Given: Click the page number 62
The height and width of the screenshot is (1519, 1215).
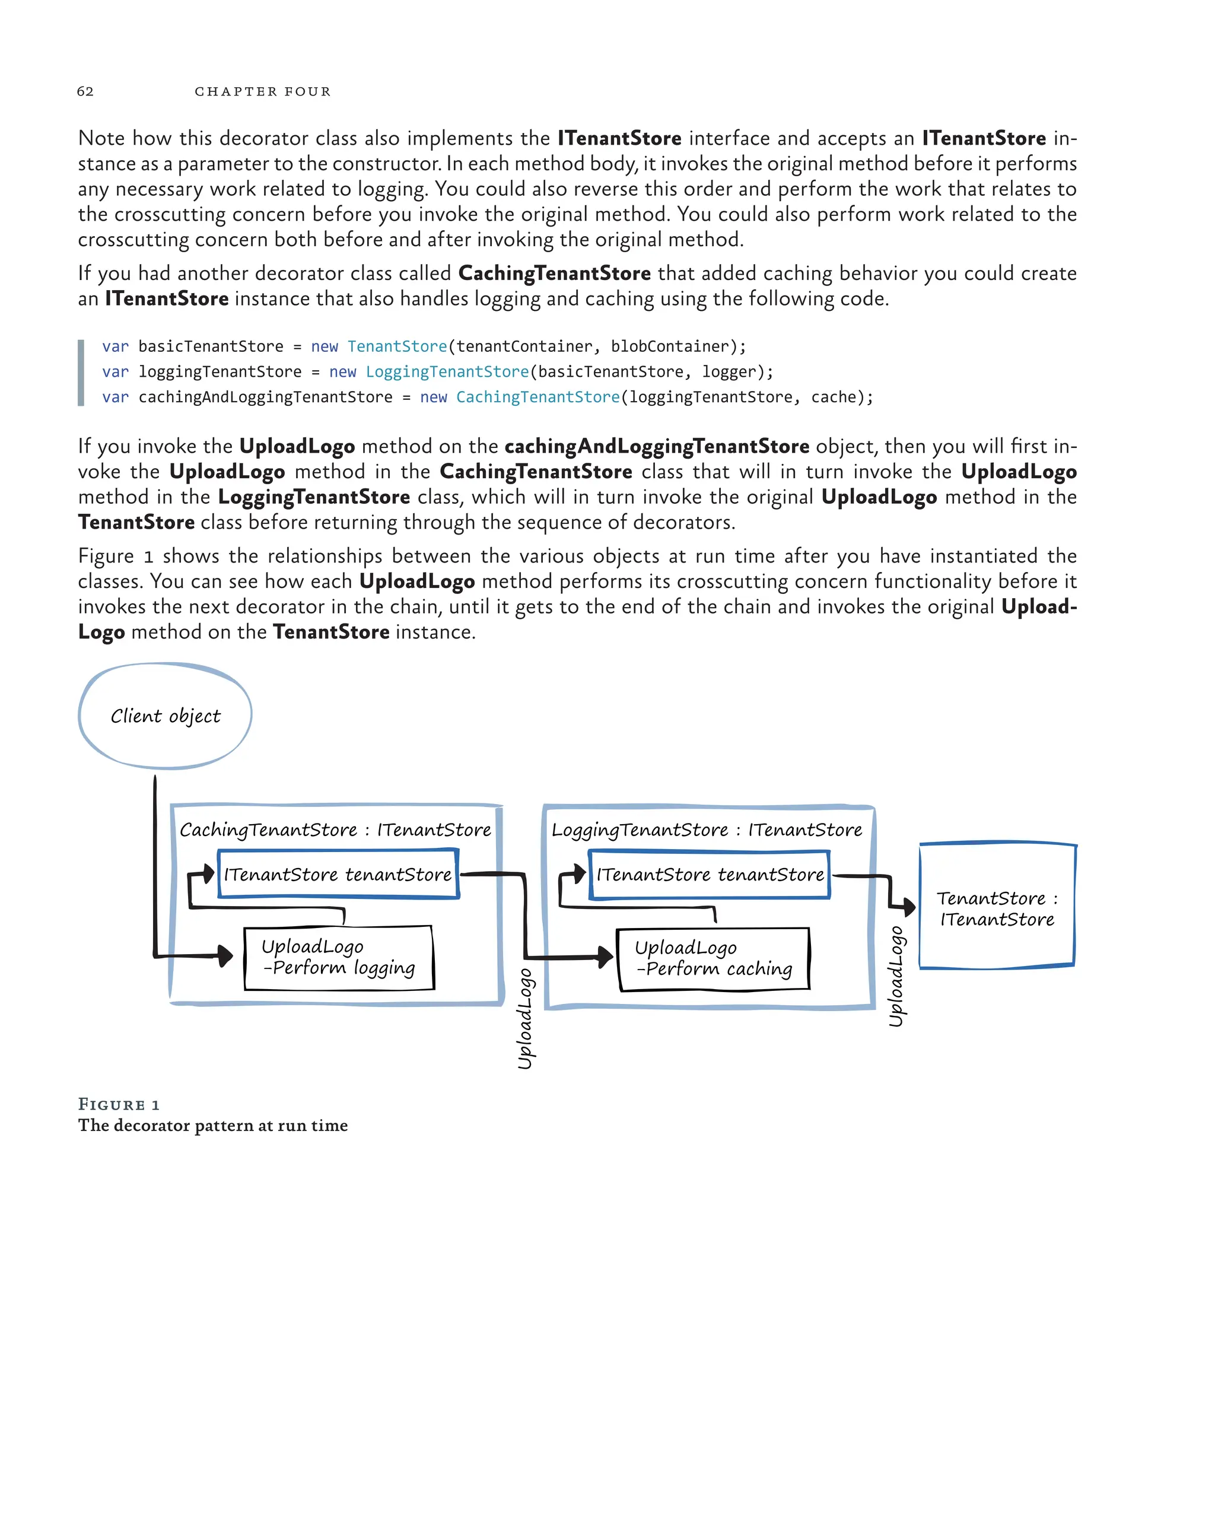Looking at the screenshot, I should click(x=85, y=91).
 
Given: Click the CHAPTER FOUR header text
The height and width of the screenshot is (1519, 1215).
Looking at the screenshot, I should click(x=262, y=91).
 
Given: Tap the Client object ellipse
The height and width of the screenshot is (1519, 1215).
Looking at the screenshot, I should click(x=165, y=716).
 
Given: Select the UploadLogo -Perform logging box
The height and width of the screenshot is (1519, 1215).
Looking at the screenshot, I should click(x=339, y=958).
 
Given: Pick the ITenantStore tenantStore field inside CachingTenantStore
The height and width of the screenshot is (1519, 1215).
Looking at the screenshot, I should click(x=338, y=875).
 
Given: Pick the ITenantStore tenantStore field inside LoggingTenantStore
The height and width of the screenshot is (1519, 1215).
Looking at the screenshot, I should click(x=710, y=875).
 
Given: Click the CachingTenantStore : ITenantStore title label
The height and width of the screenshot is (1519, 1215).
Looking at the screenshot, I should click(x=335, y=830).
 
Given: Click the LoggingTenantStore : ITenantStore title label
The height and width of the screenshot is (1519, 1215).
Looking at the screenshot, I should click(x=707, y=830).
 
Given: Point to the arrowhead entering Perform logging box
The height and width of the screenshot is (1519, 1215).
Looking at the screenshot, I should click(x=225, y=955).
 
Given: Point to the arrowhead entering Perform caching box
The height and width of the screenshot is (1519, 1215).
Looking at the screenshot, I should click(x=605, y=956).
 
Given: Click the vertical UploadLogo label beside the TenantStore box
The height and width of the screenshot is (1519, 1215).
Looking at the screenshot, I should click(x=896, y=977).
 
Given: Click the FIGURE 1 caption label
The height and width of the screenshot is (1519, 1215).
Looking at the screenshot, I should click(x=118, y=1104).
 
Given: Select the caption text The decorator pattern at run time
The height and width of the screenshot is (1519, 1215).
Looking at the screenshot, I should click(x=213, y=1125).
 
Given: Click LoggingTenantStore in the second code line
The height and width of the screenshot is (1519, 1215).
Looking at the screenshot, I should click(x=447, y=371).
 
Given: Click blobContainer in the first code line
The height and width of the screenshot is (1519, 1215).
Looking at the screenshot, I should click(x=669, y=346).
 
